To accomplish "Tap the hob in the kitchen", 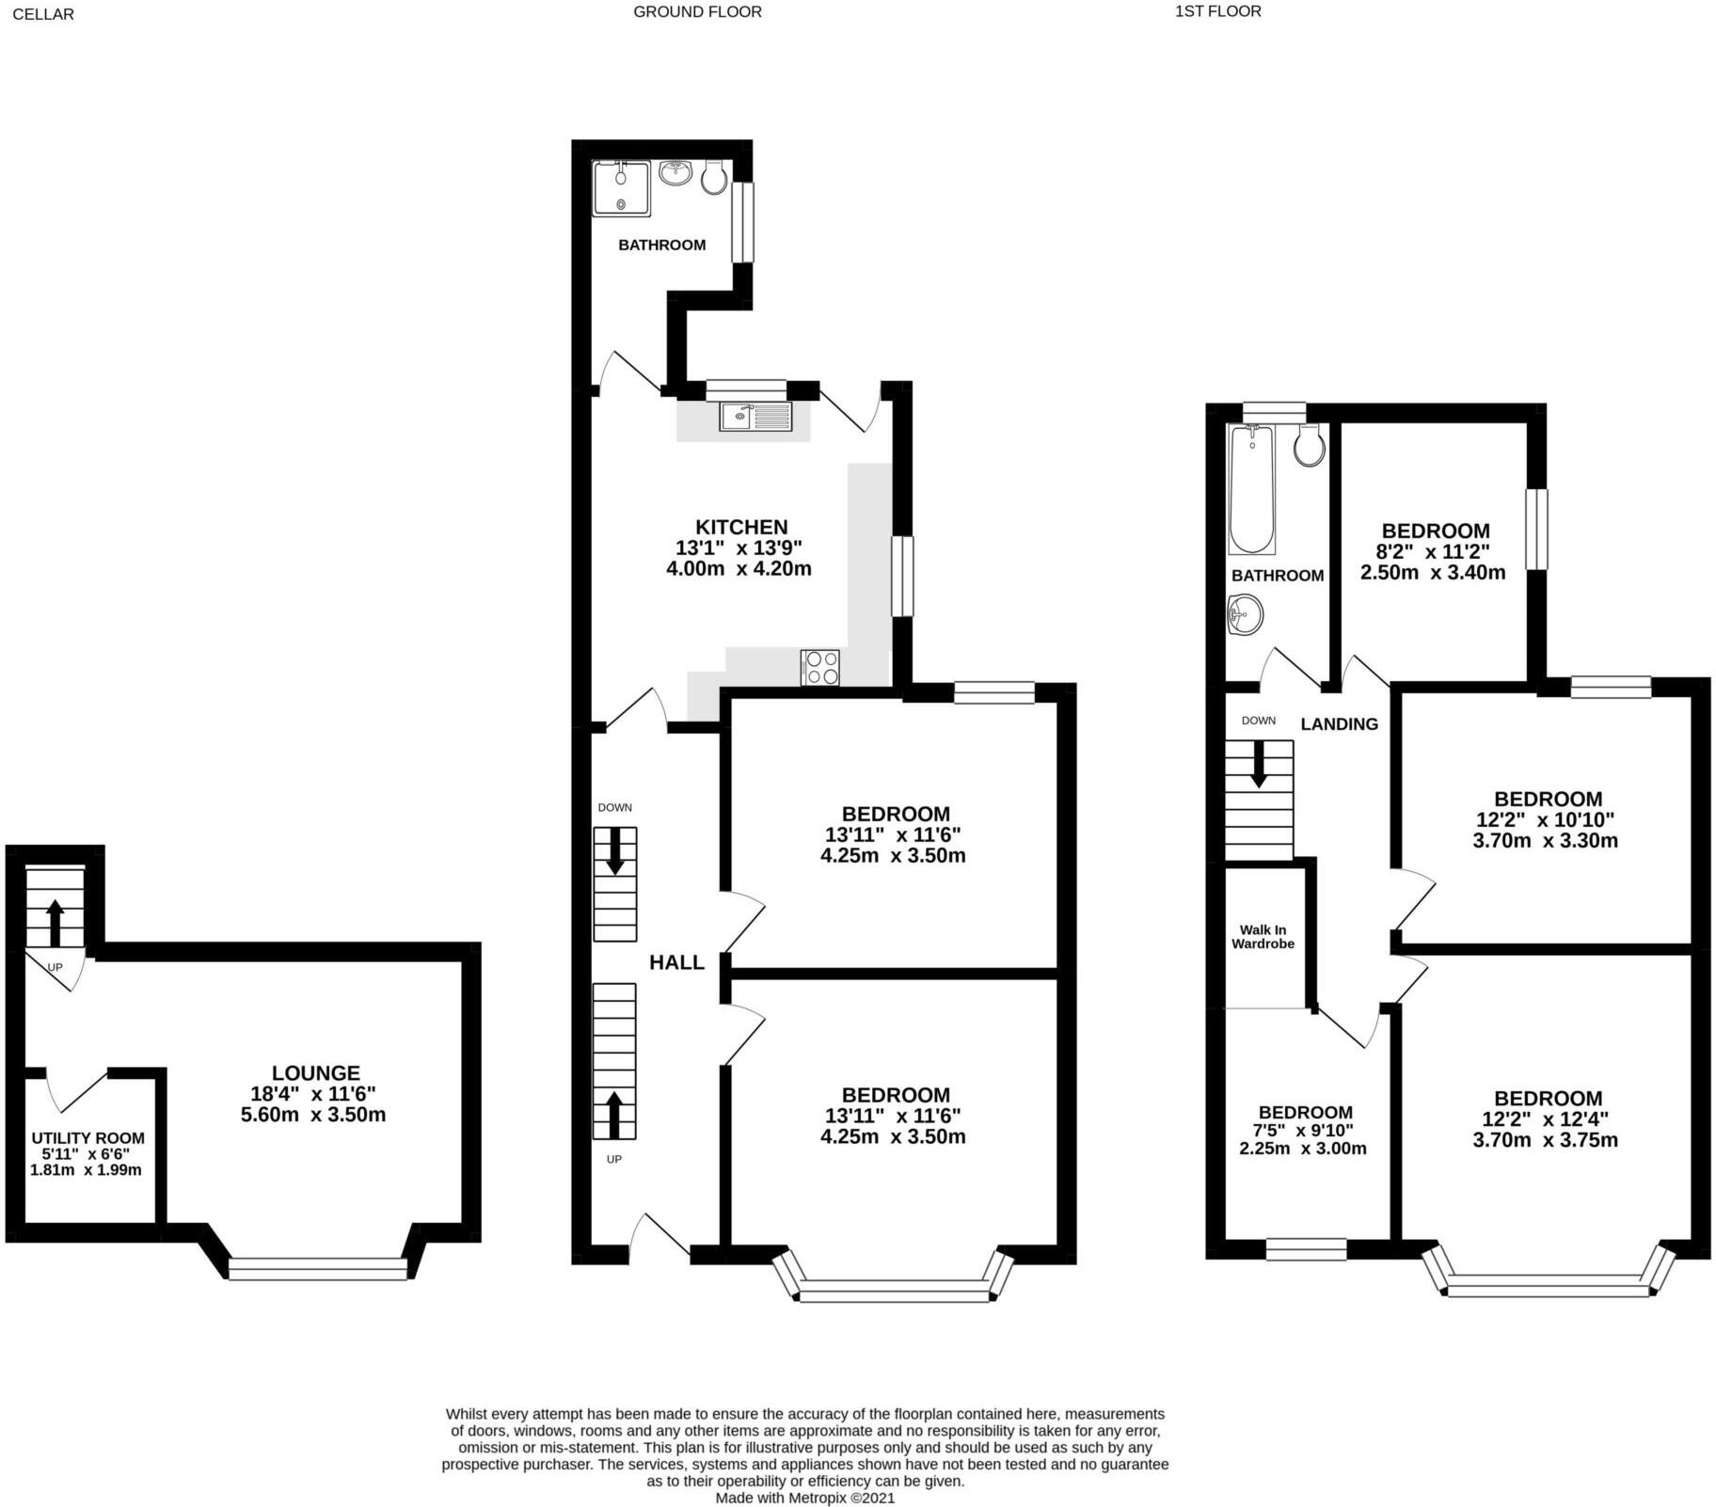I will (819, 667).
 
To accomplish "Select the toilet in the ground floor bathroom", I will (714, 177).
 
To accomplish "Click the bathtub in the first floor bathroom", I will (1251, 489).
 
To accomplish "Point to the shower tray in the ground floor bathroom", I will (621, 189).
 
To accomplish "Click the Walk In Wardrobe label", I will (1263, 937).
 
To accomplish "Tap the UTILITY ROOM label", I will (87, 1138).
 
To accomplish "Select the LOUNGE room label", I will (316, 1072).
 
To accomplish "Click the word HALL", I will (676, 961).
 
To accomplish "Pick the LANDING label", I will (1339, 723).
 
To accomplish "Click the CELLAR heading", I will (43, 14).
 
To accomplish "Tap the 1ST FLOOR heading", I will (1217, 11).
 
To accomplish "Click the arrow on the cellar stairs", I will (55, 923).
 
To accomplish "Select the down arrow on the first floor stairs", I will (1259, 764).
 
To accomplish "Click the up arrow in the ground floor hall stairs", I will (614, 1114).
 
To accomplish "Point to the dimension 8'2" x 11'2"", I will (1434, 552).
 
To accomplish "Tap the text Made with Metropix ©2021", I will (804, 1498).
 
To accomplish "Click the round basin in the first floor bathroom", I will (1245, 616).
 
